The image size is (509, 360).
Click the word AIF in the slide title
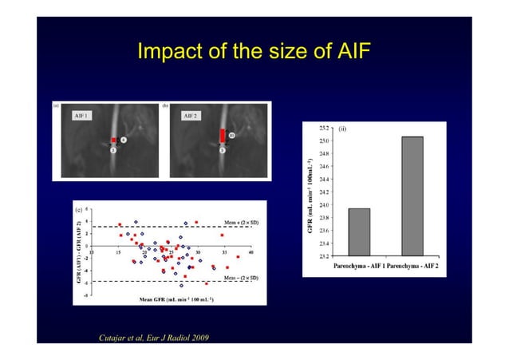pos(351,53)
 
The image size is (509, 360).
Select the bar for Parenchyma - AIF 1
pos(359,232)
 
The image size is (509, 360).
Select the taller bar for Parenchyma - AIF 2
pos(412,196)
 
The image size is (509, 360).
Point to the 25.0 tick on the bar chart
pos(324,140)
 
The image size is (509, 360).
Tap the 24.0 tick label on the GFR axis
pos(324,205)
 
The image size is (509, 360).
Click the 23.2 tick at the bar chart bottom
pos(324,256)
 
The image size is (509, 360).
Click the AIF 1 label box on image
pos(81,116)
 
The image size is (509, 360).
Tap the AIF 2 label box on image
pos(190,116)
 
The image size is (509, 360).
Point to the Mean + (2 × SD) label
pos(231,223)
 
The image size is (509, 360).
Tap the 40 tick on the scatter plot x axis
pos(251,252)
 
